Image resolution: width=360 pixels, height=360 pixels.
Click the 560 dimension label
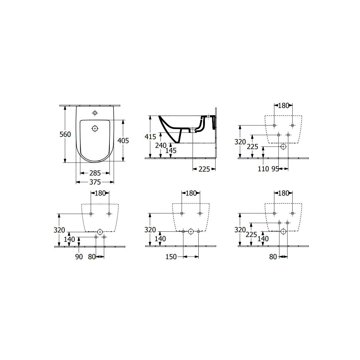coord(65,134)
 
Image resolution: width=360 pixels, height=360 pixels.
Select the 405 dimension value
coord(123,141)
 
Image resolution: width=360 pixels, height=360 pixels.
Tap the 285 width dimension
coord(95,173)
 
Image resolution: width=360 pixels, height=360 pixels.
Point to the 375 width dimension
coord(95,182)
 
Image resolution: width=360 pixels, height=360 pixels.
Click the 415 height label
coord(150,137)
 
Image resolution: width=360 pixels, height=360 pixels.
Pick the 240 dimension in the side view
coord(161,145)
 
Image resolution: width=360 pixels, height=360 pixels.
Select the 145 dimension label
coord(171,151)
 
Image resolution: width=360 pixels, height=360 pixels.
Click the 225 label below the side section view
coord(204,169)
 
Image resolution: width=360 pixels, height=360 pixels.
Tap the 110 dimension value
coord(263,169)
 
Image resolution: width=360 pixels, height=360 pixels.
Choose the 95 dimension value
coord(275,169)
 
